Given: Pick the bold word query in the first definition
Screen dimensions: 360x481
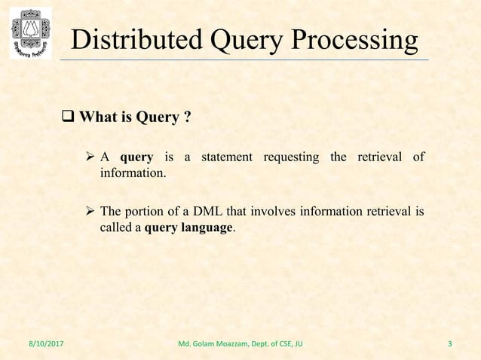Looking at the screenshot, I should tap(136, 157).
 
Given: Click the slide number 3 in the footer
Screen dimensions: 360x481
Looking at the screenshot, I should tap(450, 346).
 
